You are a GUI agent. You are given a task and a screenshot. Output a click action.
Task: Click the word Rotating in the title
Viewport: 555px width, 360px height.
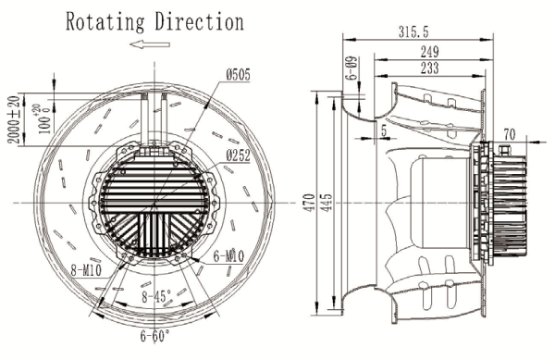click(x=105, y=22)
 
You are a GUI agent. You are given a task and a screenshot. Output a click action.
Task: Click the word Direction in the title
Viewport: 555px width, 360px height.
click(x=200, y=21)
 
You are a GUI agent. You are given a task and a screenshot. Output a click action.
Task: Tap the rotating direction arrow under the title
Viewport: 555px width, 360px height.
click(x=150, y=44)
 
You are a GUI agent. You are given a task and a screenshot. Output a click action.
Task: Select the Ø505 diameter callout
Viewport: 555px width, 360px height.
click(x=238, y=75)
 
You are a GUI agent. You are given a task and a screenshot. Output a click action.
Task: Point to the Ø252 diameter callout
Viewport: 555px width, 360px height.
click(x=239, y=155)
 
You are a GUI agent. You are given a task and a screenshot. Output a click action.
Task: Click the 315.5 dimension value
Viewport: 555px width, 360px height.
click(x=413, y=31)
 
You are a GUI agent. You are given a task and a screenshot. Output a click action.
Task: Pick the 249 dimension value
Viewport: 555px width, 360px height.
click(x=430, y=53)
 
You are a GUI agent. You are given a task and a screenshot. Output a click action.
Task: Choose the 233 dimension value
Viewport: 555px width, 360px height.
click(x=430, y=68)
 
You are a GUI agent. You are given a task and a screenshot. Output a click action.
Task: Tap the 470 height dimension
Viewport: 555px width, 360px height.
click(x=309, y=203)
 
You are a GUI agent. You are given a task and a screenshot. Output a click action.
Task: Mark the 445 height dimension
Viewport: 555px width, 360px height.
click(x=327, y=203)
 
